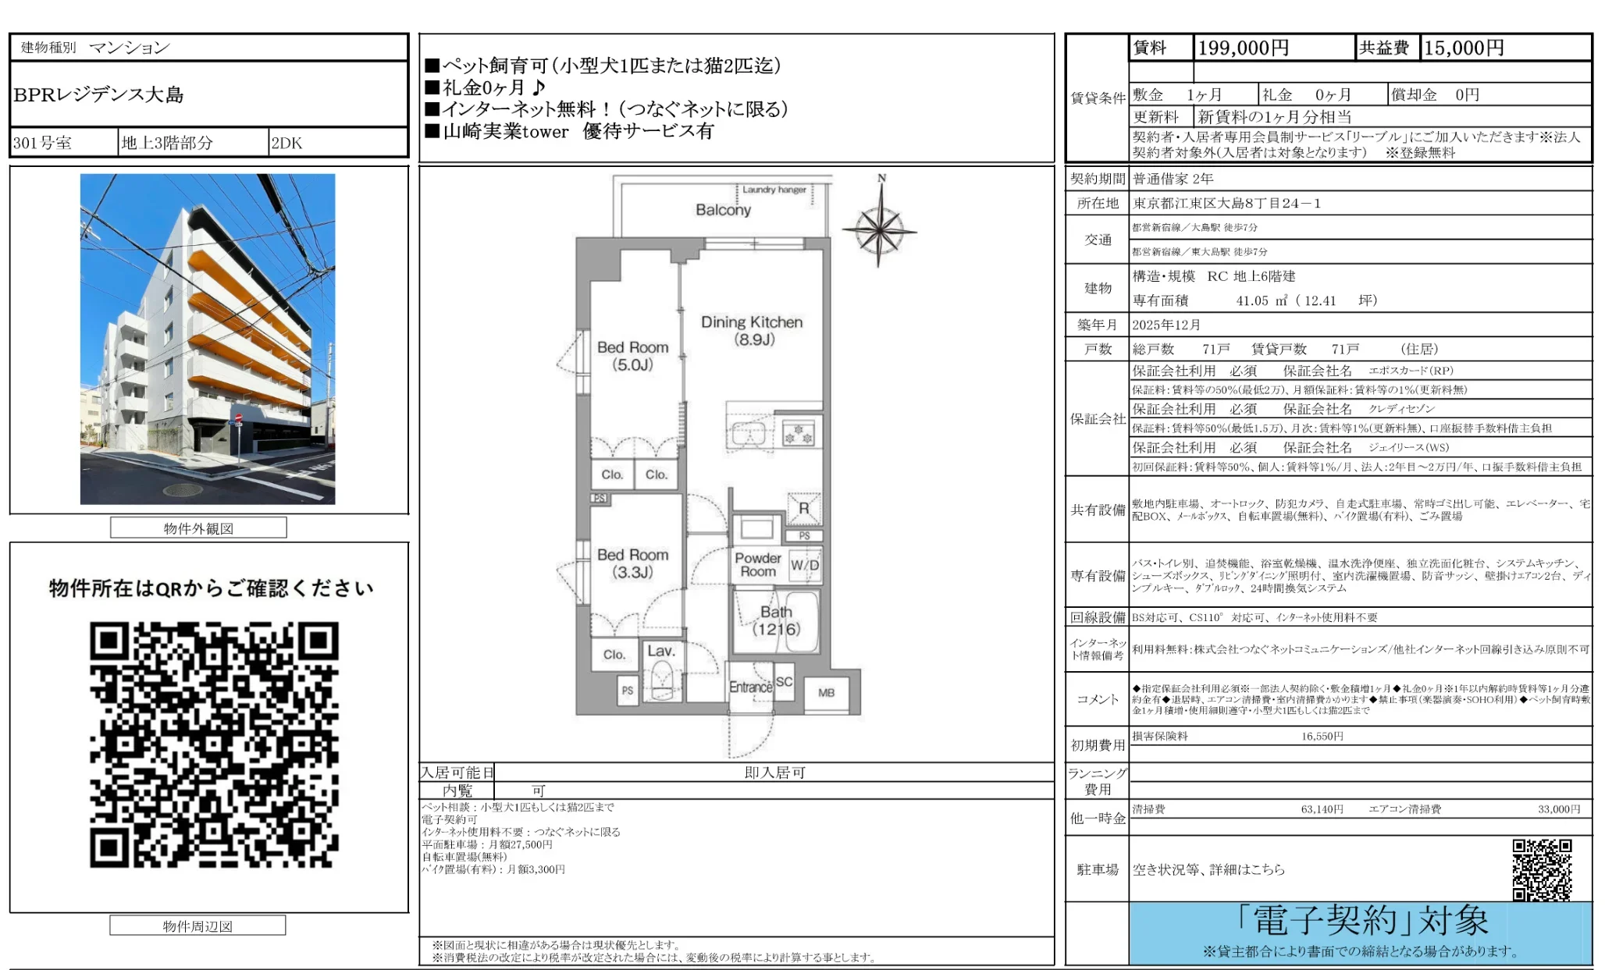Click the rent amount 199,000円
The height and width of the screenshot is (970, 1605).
(1243, 48)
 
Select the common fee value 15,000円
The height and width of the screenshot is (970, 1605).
(1464, 48)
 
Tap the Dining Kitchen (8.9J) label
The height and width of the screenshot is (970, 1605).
(751, 330)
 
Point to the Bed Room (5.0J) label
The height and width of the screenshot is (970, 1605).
(632, 356)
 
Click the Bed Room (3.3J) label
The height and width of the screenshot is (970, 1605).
(632, 563)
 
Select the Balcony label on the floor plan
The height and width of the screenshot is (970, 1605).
(723, 210)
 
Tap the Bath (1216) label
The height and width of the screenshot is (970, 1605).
(776, 620)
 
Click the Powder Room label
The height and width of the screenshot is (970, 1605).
(757, 564)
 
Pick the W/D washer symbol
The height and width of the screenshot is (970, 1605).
(804, 565)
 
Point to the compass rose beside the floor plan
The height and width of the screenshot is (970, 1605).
(880, 229)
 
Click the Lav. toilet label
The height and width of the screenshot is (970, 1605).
(660, 651)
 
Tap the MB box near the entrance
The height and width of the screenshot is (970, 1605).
(826, 692)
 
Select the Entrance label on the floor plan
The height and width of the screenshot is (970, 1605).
(750, 687)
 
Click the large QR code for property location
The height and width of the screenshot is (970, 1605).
(214, 744)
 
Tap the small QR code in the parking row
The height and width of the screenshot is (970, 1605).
(1541, 869)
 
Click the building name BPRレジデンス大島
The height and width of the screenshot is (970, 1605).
(99, 95)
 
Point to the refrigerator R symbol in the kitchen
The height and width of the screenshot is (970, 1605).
(803, 509)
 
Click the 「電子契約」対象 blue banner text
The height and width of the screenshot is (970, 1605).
(1362, 921)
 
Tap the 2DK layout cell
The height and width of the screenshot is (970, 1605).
(286, 144)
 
